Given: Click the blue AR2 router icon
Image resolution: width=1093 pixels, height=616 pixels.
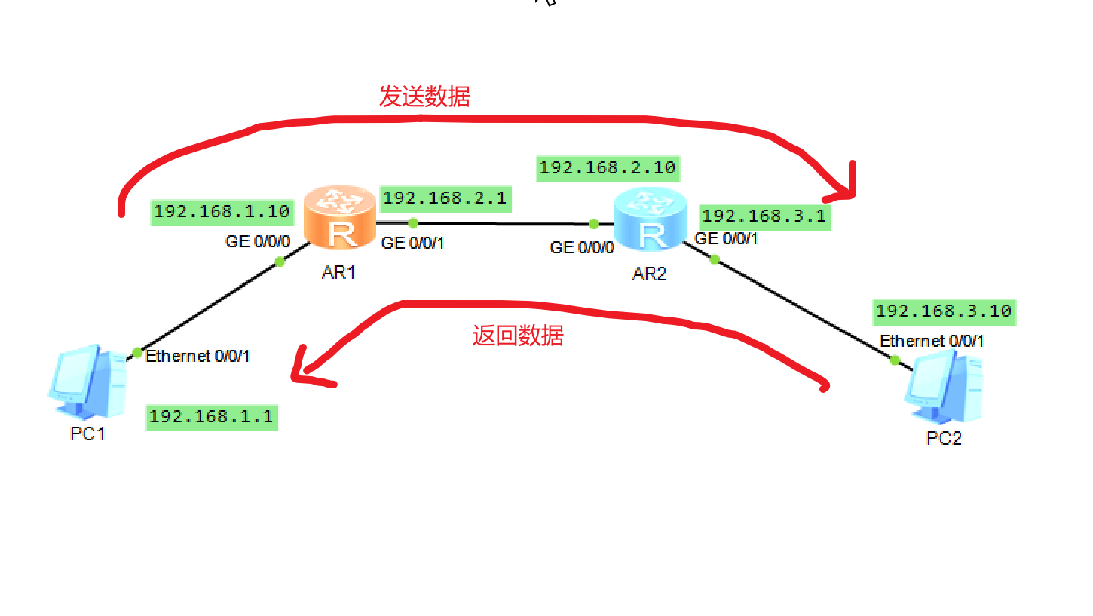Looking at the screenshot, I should coord(651,220).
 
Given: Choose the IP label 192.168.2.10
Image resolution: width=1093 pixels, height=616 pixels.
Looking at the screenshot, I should coord(608,167).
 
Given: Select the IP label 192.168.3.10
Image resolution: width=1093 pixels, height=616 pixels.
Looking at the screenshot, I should coord(944,311).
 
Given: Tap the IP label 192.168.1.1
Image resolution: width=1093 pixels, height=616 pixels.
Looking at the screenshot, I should coord(211,416).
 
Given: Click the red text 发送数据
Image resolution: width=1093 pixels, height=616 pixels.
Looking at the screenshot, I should coord(424,97).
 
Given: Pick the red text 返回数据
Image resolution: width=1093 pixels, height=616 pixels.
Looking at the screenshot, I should coord(518,336).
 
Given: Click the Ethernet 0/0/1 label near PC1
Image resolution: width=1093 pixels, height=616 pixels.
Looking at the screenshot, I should coord(197,356).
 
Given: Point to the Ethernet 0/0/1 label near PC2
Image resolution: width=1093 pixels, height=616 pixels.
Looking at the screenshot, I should coord(932,341).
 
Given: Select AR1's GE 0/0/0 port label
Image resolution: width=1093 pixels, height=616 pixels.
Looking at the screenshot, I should coord(258,242).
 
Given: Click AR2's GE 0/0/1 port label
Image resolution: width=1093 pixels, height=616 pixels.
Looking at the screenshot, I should coord(726,238).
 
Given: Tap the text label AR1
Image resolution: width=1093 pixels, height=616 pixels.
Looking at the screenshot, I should coord(338,272).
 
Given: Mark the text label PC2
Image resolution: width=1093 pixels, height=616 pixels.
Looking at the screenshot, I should coord(944,438).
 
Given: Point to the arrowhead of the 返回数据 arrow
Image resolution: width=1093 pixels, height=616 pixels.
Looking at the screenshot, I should coord(302,370).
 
